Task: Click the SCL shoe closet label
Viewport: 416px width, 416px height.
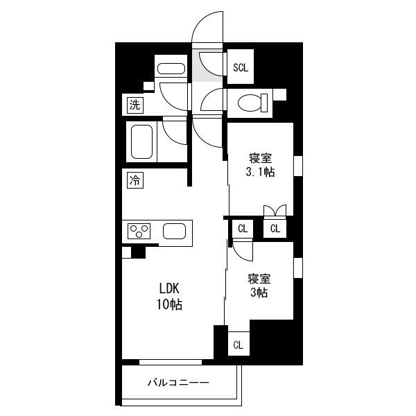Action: point(241,68)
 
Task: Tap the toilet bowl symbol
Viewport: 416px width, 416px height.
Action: point(250,103)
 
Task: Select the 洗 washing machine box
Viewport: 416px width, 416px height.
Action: point(135,105)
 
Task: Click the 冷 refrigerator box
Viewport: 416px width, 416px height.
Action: point(135,180)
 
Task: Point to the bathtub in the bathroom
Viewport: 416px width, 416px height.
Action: point(141,141)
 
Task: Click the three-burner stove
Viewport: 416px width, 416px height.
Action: point(139,231)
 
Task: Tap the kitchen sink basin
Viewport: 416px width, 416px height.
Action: point(174,231)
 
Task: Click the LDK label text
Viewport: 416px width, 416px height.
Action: point(169,288)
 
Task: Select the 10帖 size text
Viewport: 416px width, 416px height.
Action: point(169,304)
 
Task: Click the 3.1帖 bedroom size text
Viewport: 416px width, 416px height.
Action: point(260,172)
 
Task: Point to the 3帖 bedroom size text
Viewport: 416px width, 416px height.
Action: point(259,293)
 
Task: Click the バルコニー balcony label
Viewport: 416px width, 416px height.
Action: point(179,383)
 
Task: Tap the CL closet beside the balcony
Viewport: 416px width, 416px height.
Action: point(239,345)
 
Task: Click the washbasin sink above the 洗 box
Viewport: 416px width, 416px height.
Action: point(171,69)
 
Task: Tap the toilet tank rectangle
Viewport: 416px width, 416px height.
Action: point(264,103)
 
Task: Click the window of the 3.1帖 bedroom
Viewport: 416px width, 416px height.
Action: point(298,166)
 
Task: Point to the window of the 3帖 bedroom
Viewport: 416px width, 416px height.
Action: point(298,268)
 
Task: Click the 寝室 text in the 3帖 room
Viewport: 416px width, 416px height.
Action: point(259,279)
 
